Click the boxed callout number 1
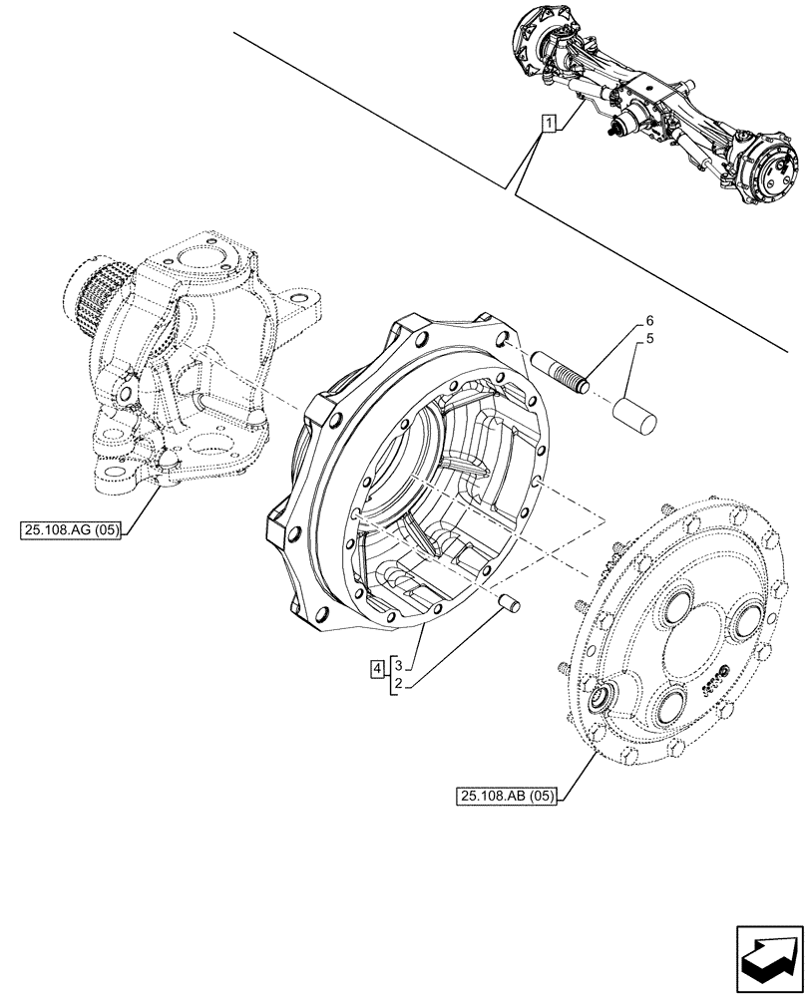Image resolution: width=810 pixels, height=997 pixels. pyautogui.click(x=548, y=124)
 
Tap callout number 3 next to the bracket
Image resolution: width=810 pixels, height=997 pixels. pyautogui.click(x=397, y=663)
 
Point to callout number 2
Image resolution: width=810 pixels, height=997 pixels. pyautogui.click(x=397, y=683)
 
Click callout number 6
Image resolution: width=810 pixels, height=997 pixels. pyautogui.click(x=648, y=321)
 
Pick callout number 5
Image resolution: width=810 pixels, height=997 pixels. pyautogui.click(x=648, y=339)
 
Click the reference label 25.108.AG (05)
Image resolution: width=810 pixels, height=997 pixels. pyautogui.click(x=68, y=530)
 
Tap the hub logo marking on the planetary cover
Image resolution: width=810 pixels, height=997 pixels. pyautogui.click(x=715, y=681)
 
